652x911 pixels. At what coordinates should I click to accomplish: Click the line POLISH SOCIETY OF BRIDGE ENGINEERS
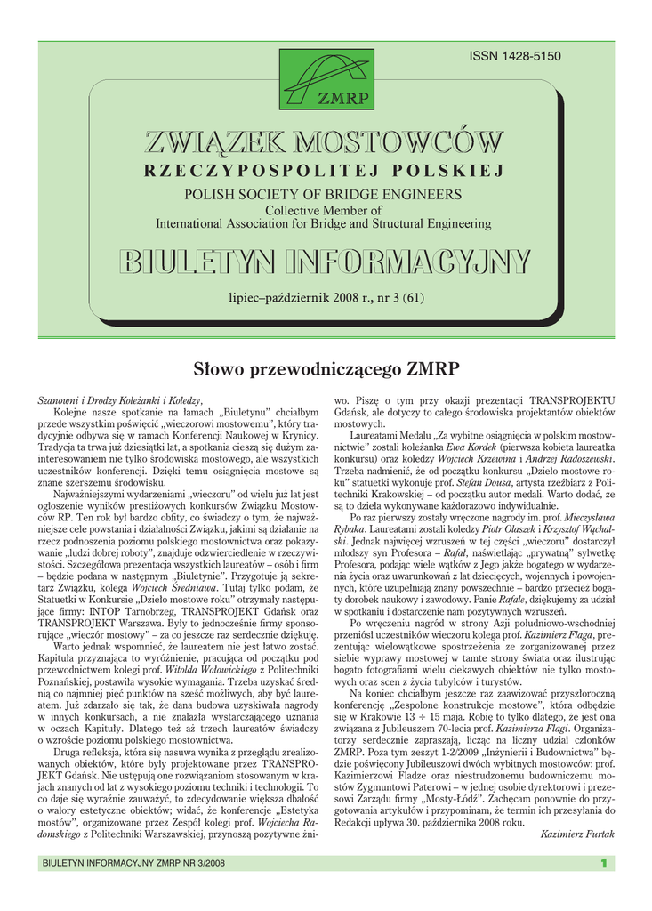click(323, 193)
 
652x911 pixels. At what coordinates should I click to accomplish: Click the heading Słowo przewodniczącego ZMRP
click(326, 367)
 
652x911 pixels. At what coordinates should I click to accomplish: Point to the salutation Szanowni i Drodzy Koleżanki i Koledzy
click(120, 401)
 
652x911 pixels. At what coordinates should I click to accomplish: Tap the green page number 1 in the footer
click(603, 862)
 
